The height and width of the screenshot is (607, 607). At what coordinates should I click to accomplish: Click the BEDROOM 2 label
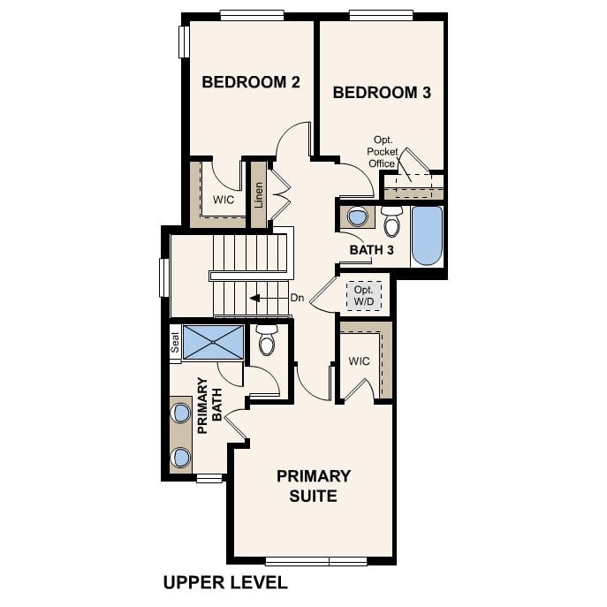click(251, 82)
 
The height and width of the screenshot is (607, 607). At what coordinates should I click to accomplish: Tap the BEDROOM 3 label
click(382, 92)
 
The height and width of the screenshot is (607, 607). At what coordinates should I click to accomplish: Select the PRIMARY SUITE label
click(314, 486)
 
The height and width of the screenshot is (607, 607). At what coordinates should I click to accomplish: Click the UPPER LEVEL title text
click(225, 582)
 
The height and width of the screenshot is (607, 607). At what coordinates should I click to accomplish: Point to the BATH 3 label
click(371, 250)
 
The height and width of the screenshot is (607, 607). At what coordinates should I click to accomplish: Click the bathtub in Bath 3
click(426, 235)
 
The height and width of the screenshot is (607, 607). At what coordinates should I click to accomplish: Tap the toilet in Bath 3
click(391, 222)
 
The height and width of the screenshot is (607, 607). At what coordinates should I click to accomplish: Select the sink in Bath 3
click(358, 217)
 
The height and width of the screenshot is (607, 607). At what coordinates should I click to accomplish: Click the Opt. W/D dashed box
click(363, 295)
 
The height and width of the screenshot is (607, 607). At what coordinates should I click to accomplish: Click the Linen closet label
click(259, 194)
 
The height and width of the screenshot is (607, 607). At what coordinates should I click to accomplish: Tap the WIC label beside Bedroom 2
click(223, 200)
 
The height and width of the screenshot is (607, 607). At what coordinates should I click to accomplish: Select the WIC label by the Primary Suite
click(359, 361)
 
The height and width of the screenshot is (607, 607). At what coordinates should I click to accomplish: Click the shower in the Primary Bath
click(213, 342)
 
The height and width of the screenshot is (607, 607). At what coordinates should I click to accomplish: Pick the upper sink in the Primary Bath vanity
click(181, 413)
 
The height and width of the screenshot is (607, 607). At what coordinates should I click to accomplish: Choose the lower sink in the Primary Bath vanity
click(181, 457)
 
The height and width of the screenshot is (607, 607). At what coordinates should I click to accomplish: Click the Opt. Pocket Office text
click(383, 151)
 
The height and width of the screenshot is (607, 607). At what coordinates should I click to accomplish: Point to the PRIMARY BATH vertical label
click(208, 406)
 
